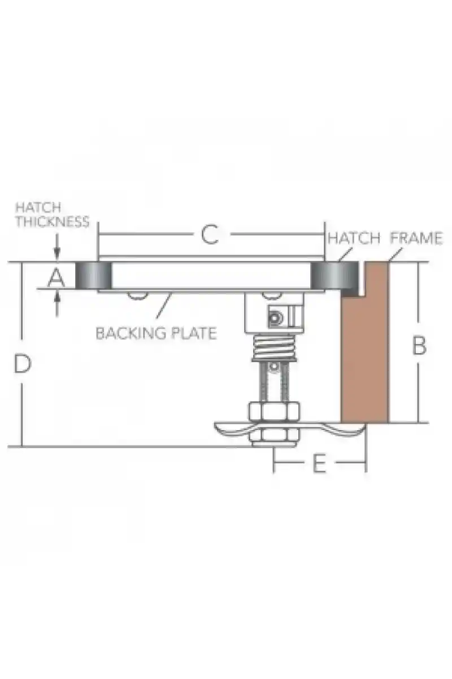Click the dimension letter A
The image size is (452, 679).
point(56,278)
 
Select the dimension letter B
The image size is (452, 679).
point(419,345)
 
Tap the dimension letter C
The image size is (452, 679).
point(210,235)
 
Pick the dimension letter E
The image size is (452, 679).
point(319,463)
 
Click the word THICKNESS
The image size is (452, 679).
point(53,222)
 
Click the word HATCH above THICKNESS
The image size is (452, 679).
point(38,208)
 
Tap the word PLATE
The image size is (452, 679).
point(194,333)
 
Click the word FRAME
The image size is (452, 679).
point(416,238)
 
